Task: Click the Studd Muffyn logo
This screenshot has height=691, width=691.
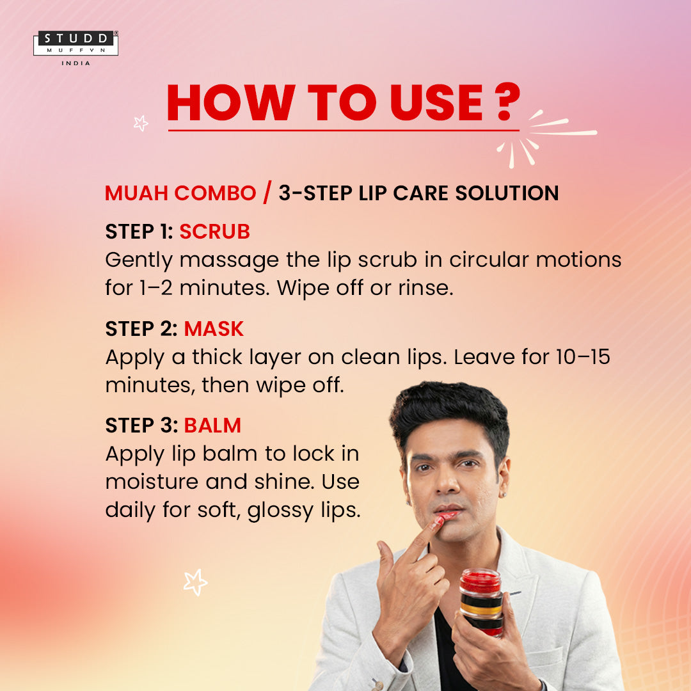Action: click(75, 44)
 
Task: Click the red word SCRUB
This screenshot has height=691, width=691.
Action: click(214, 232)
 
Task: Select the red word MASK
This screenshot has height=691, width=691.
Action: click(214, 329)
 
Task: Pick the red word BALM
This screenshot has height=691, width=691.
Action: click(212, 425)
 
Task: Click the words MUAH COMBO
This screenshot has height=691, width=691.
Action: click(180, 193)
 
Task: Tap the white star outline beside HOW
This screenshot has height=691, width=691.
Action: click(141, 123)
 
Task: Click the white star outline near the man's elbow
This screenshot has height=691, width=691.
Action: click(195, 582)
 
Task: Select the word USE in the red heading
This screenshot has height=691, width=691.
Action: click(436, 102)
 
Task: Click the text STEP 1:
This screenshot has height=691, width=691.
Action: click(139, 232)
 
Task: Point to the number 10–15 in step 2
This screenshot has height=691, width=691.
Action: click(583, 357)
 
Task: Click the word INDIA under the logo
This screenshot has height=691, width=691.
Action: click(75, 63)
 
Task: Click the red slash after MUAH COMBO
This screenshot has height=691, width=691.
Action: click(267, 193)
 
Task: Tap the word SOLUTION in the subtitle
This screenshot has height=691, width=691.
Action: click(507, 193)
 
